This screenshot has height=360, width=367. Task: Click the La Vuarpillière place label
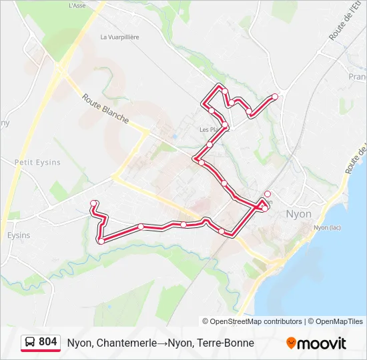(x=119, y=37)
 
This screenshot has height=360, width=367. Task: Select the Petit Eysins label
(x=37, y=162)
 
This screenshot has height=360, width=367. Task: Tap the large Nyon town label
(x=298, y=214)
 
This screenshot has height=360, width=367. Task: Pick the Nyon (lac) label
(x=327, y=227)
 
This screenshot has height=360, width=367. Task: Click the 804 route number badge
(x=47, y=342)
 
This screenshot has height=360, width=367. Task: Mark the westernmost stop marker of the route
(x=94, y=203)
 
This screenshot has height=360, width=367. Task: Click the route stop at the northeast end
(x=274, y=97)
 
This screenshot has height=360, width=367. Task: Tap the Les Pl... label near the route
(x=209, y=129)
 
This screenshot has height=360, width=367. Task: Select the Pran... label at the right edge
(x=357, y=77)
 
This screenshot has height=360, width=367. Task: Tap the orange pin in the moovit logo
(x=291, y=343)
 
